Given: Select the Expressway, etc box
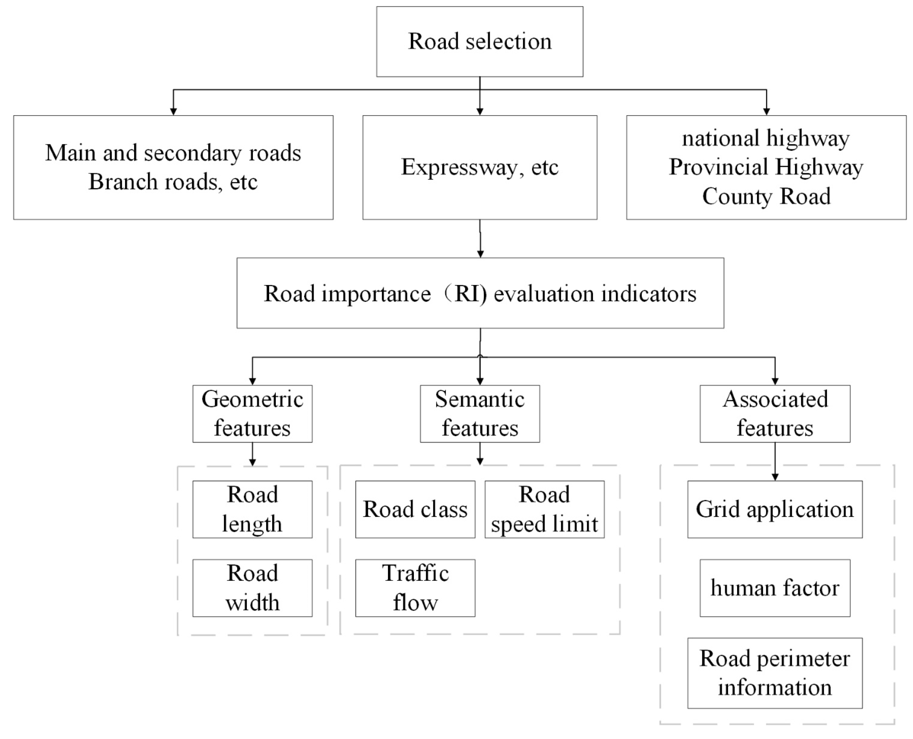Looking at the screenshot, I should (480, 167).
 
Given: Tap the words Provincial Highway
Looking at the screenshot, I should (766, 167).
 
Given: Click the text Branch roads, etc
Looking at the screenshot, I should (173, 182).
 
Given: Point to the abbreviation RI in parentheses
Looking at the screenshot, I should (467, 294).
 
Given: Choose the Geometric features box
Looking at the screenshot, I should (253, 414).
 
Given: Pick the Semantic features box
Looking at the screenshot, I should (480, 414).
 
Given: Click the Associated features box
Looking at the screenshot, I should (775, 414).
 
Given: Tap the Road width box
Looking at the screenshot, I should (253, 588).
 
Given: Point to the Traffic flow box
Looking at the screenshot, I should (415, 588).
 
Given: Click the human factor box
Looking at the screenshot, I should (775, 588).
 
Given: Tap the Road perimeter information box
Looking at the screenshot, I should (775, 673).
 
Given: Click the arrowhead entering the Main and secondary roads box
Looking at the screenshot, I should (173, 111).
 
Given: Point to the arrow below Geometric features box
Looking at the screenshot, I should (253, 456).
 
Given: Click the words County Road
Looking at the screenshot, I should (766, 196).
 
